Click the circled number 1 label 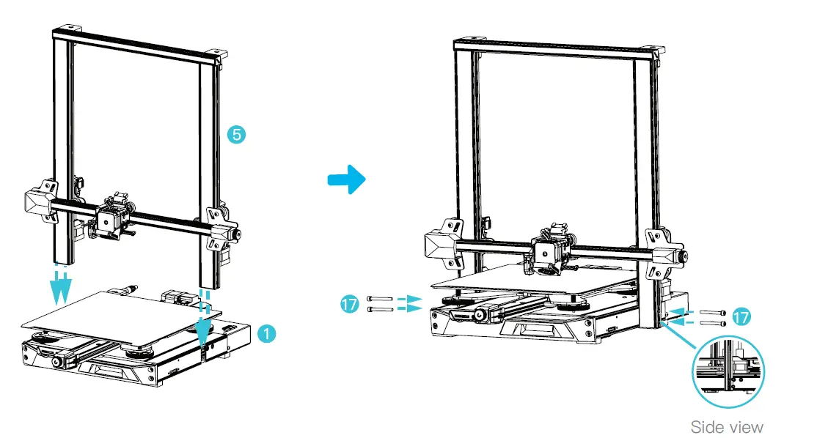click(268, 333)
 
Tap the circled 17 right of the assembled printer click(741, 317)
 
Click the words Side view click(727, 426)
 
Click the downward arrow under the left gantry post click(60, 289)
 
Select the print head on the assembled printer click(549, 253)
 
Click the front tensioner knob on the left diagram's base click(55, 364)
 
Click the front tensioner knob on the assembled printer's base click(480, 315)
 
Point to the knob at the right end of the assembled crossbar click(684, 257)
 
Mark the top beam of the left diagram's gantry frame click(136, 43)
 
